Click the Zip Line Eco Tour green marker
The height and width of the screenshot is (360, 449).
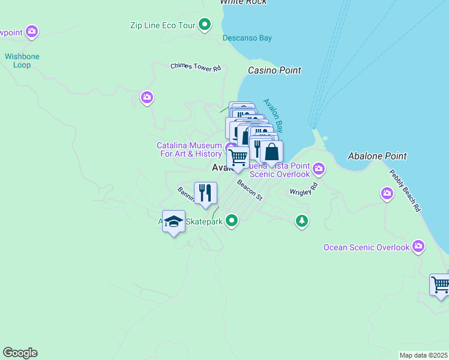205,25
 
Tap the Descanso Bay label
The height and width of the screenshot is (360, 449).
247,38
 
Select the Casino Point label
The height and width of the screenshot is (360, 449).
274,71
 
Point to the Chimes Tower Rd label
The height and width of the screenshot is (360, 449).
195,67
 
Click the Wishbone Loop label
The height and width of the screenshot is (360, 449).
22,61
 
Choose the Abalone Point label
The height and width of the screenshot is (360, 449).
377,156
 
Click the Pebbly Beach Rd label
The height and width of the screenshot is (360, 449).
405,191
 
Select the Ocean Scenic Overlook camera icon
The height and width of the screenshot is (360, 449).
418,246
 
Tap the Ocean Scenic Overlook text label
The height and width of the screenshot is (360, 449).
366,247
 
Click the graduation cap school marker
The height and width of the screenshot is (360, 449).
174,221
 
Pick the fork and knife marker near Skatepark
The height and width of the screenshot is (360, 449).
206,193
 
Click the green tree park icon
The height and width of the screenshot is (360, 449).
301,221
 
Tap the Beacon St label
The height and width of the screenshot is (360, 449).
250,190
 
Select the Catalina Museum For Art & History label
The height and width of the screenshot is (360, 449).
189,149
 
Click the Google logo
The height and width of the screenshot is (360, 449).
20,353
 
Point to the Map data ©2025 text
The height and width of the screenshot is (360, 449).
423,355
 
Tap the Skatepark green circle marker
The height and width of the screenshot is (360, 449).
232,222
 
